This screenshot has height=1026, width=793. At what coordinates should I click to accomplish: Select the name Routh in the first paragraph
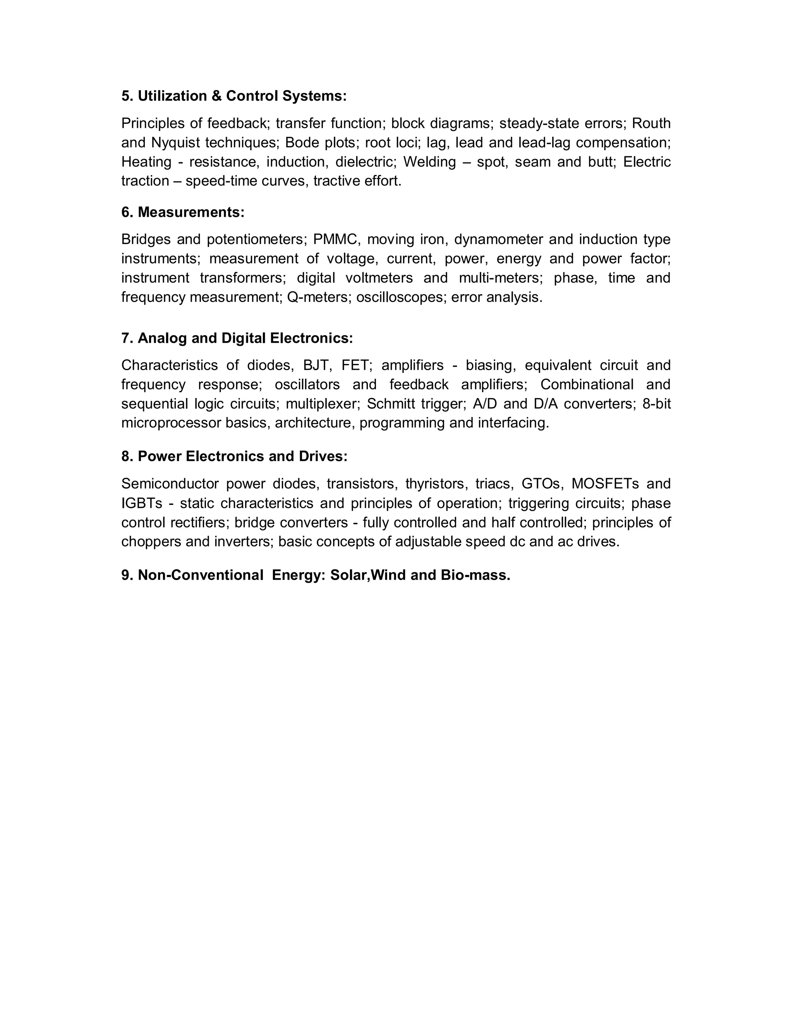(x=651, y=123)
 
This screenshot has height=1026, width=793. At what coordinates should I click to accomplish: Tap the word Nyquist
(x=176, y=142)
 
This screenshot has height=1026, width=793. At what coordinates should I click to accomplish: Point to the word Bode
(x=301, y=142)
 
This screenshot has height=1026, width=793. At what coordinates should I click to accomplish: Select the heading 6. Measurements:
(x=183, y=212)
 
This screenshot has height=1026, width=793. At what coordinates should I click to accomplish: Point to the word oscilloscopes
(x=400, y=297)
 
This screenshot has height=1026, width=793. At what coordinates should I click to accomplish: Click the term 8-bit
(x=657, y=403)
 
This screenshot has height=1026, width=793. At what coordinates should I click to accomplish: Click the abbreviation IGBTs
(x=141, y=503)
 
